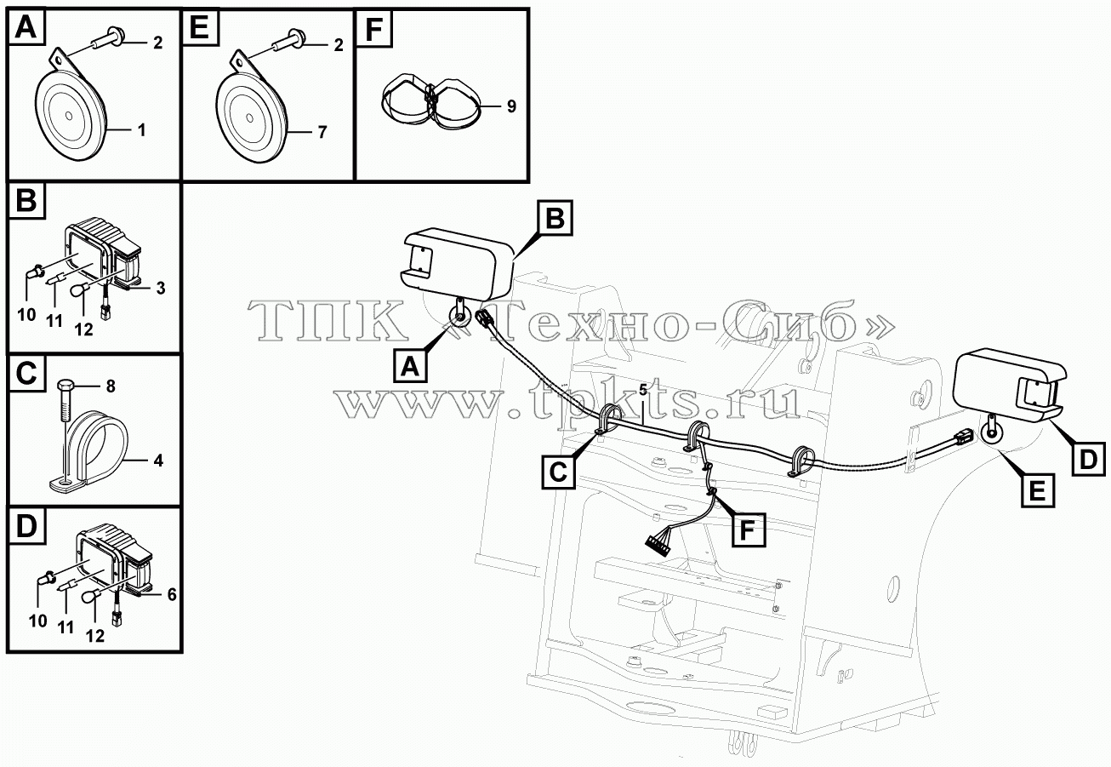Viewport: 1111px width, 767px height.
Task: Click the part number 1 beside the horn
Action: coord(141,130)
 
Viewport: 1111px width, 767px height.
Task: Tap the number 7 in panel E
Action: coord(322,132)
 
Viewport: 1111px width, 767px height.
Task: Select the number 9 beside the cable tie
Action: coord(511,106)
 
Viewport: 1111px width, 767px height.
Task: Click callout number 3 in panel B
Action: coord(161,288)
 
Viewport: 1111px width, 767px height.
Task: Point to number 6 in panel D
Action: coord(172,594)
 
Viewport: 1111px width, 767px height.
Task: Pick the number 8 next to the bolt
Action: coord(111,386)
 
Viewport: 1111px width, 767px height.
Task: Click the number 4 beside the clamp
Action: coord(158,461)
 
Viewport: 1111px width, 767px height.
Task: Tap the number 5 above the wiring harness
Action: coord(643,390)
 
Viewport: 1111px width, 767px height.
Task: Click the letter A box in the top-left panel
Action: coord(26,27)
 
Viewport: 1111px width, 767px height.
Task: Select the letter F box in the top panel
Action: coord(374,29)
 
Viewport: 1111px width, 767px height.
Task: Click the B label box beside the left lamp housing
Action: coord(555,218)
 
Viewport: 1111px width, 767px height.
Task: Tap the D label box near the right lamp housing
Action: coord(1088,459)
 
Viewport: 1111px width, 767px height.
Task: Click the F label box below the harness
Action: coord(748,529)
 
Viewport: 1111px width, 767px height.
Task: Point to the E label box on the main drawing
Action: coord(1038,490)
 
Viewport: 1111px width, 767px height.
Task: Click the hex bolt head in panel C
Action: coord(66,386)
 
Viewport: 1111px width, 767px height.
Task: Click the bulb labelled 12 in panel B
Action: coord(79,289)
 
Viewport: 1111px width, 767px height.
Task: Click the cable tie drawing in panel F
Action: coord(430,104)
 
